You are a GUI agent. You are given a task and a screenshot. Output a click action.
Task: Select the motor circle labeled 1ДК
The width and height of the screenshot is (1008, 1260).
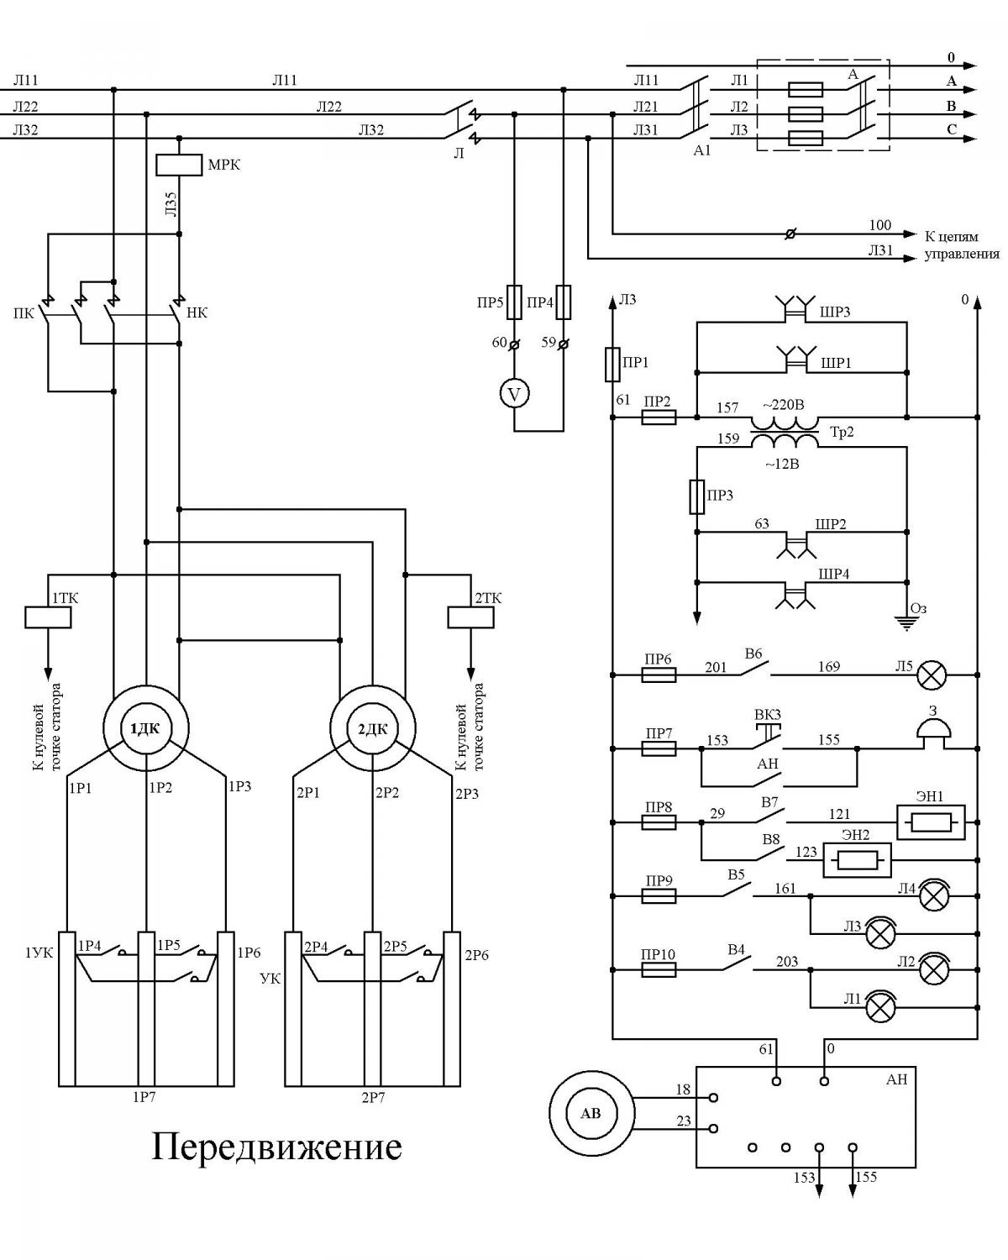click(x=146, y=728)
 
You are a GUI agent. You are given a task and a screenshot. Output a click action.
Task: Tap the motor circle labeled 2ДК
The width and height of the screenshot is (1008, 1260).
click(x=372, y=728)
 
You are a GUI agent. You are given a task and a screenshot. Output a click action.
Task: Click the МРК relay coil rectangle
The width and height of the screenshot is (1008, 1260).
click(x=179, y=165)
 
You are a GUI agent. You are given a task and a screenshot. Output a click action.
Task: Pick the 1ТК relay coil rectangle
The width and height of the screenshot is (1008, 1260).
click(x=48, y=617)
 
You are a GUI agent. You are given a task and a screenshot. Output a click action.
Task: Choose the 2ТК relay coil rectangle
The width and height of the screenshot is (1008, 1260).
click(x=470, y=617)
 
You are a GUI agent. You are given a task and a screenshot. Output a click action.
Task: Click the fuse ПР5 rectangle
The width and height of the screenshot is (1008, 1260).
click(x=514, y=302)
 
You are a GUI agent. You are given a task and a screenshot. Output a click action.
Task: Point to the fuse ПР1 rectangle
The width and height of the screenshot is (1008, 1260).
click(x=612, y=365)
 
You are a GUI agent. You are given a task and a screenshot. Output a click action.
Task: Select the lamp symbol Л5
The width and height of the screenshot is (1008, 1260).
click(x=931, y=675)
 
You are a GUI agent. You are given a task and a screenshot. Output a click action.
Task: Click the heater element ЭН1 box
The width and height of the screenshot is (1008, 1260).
click(x=931, y=822)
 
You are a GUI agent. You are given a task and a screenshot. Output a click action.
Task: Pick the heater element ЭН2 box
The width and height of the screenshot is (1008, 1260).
click(x=857, y=860)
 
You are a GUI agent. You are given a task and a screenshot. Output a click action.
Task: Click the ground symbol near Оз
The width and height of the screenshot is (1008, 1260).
click(x=906, y=623)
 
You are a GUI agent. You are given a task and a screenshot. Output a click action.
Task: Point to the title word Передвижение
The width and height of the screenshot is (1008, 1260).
click(x=277, y=1147)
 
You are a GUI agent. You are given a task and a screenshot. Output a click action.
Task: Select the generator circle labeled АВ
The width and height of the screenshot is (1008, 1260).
click(x=591, y=1113)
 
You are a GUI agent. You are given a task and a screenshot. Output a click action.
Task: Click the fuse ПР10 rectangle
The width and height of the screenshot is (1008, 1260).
click(x=659, y=969)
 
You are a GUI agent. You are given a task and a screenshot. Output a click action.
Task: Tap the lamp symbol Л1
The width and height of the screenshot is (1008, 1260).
click(x=879, y=1007)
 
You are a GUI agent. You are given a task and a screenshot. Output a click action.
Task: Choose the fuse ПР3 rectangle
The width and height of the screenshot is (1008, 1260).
click(x=696, y=497)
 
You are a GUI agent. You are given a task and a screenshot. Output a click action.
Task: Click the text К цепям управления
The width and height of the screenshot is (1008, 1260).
click(x=962, y=245)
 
